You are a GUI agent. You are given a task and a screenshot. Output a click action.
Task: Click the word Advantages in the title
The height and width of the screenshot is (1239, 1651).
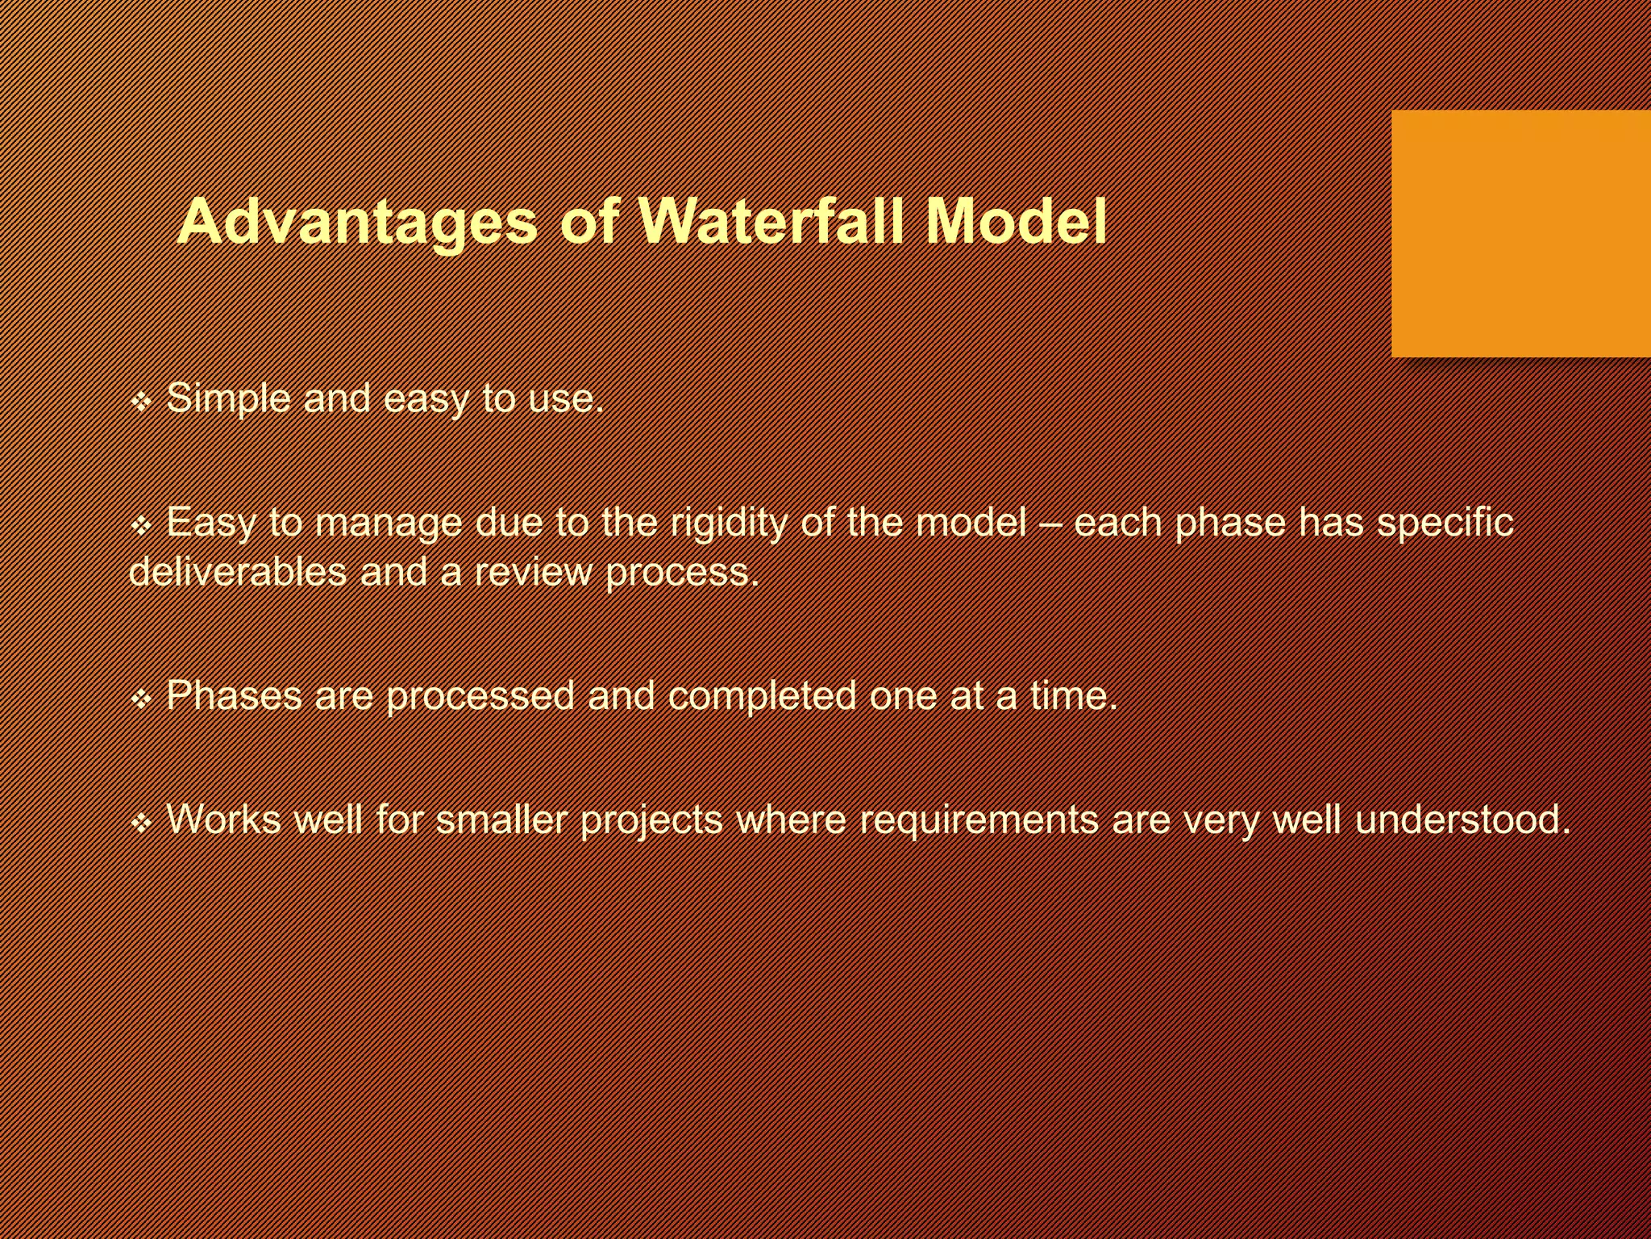coord(356,222)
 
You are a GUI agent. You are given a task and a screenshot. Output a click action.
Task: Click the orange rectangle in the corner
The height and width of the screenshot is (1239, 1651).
coord(1520,233)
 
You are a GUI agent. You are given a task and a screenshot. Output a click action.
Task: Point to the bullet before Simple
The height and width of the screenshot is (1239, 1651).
coord(141,401)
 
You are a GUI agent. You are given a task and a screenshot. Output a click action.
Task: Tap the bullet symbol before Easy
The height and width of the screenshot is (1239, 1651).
coord(141,526)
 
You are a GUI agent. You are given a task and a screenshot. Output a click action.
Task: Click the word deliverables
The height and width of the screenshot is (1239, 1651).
coord(237,572)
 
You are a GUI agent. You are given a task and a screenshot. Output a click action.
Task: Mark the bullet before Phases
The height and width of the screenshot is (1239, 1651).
coord(141,699)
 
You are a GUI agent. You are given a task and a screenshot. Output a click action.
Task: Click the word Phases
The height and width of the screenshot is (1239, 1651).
coord(235,695)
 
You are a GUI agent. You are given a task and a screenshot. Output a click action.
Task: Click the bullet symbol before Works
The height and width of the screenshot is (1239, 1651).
coord(141,824)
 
